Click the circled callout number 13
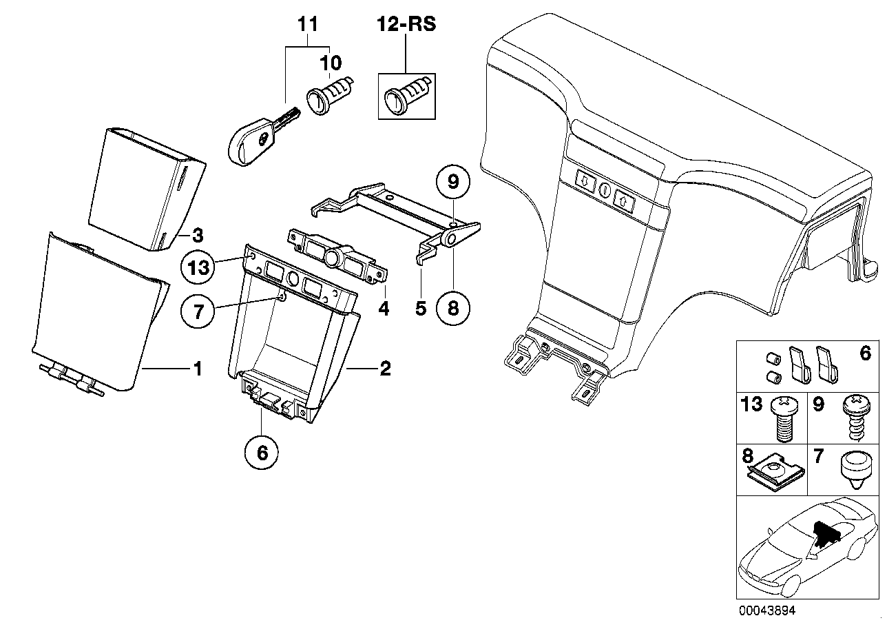point(198,267)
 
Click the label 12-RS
point(406,26)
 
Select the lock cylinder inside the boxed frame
point(406,96)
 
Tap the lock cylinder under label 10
point(330,94)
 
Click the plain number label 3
point(197,236)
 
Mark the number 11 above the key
point(308,25)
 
